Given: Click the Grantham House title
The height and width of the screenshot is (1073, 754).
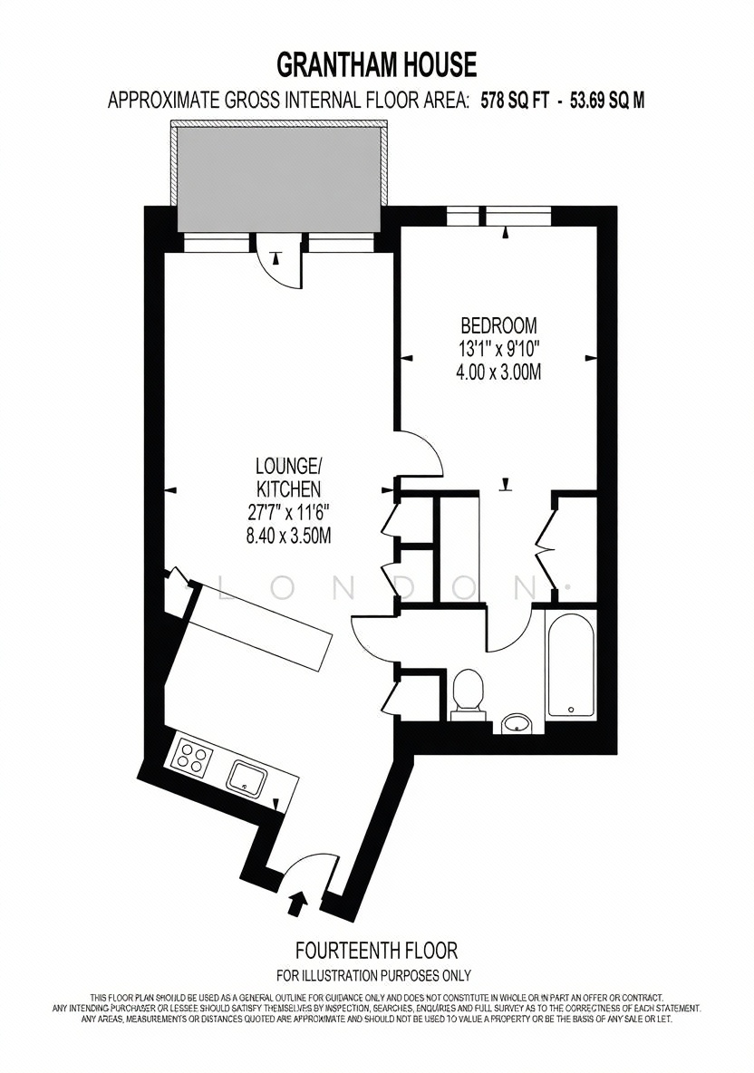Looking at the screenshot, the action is coord(376,65).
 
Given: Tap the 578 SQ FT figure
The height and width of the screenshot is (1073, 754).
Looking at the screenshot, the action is coord(512,101).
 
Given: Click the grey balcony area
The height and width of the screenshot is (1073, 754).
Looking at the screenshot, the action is coord(278,180).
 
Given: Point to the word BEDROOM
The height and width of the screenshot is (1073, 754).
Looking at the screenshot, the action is coord(498,324).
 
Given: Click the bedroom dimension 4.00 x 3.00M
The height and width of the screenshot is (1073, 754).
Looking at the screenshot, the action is coord(498,373).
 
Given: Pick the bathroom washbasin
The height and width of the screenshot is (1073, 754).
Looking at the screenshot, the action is coord(516,722).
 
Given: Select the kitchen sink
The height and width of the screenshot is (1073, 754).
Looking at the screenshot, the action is coord(247,778).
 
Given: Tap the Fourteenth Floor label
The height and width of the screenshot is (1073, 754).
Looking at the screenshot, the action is coord(376,951).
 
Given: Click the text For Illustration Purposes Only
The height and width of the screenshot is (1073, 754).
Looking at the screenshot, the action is coord(373,975).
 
